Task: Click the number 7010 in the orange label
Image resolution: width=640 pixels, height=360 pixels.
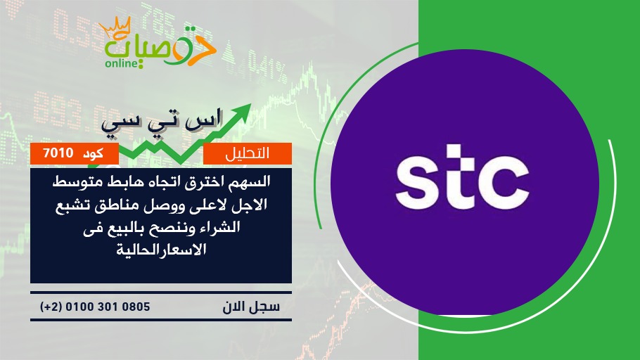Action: point(58,153)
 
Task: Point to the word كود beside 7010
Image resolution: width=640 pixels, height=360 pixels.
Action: point(93,154)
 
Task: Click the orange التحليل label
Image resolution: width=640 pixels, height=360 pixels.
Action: point(248,153)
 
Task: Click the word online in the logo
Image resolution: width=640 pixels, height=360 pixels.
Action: point(122,64)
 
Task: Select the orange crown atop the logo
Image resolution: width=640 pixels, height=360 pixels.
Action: point(115,27)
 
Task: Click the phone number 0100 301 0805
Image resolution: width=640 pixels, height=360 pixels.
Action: point(108,307)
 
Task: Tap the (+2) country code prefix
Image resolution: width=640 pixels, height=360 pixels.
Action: point(51,307)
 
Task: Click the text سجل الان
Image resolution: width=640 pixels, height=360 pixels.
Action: point(251,307)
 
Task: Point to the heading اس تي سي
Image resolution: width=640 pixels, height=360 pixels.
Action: point(162,121)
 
